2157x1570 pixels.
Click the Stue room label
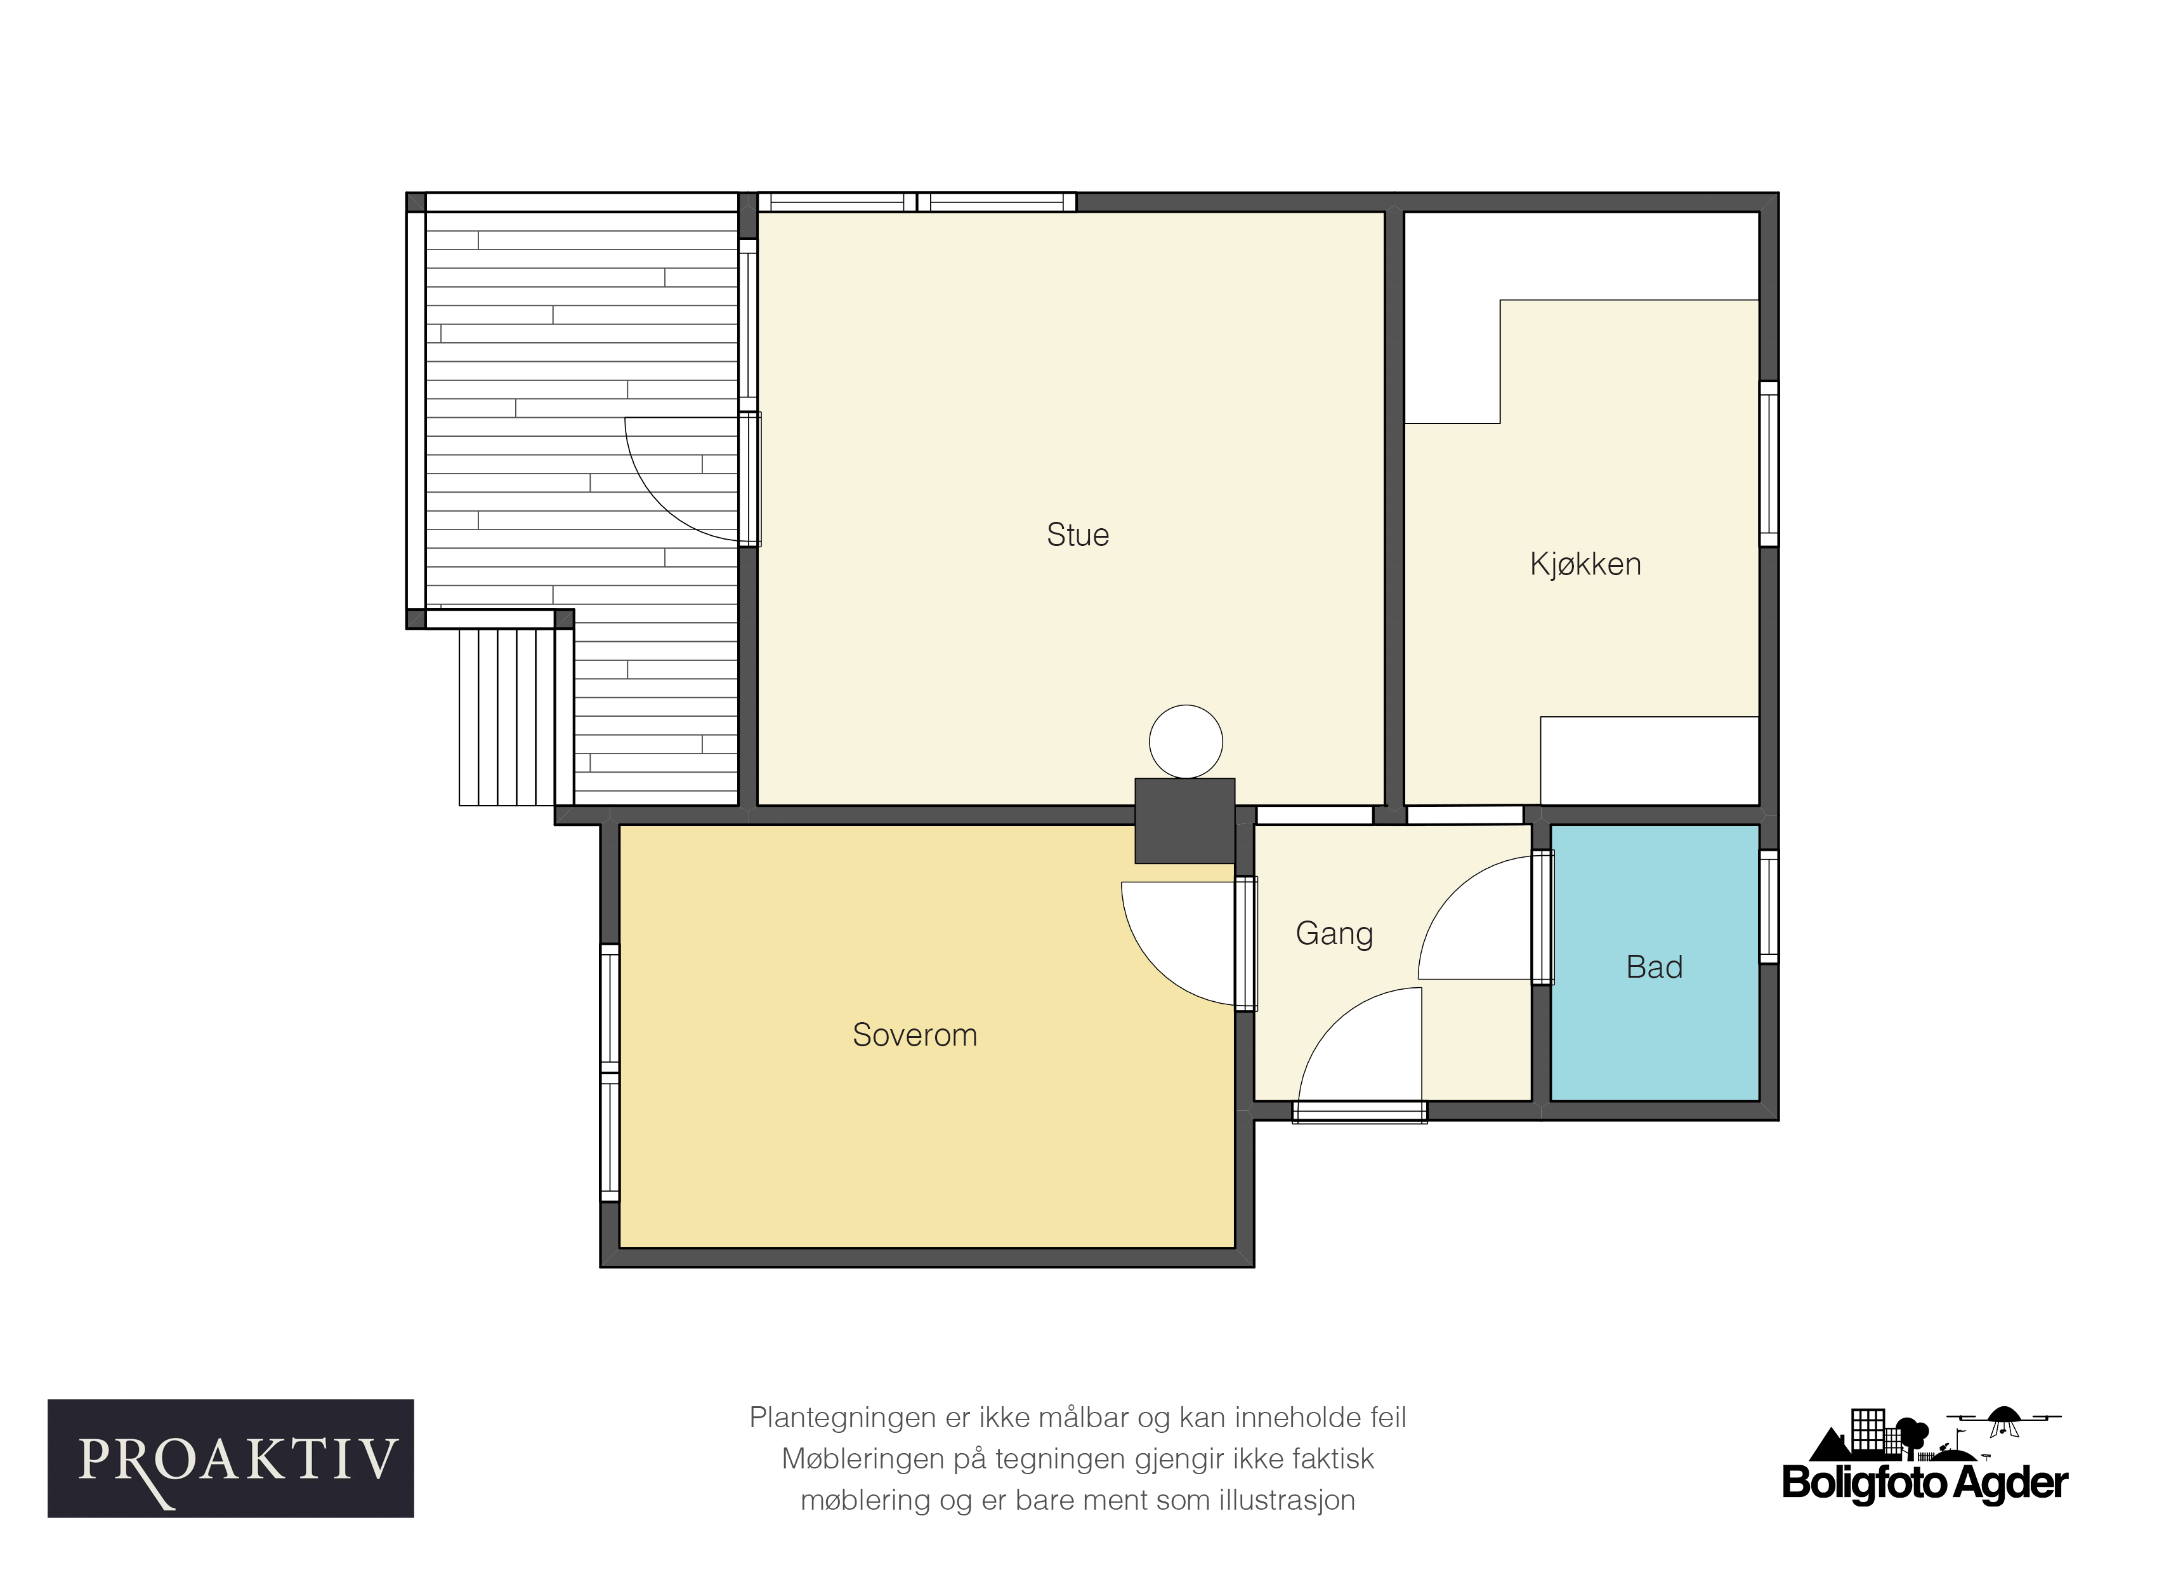1078,535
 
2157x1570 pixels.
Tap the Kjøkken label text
1585,564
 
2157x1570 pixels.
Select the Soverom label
915,1034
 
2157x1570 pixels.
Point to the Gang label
1334,933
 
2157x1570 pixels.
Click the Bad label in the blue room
1655,967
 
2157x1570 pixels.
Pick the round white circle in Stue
1186,742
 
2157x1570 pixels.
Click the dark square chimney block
1185,821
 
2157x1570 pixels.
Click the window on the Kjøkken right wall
1769,463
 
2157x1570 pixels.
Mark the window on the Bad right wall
1769,906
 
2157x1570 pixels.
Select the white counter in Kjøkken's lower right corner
1649,761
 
